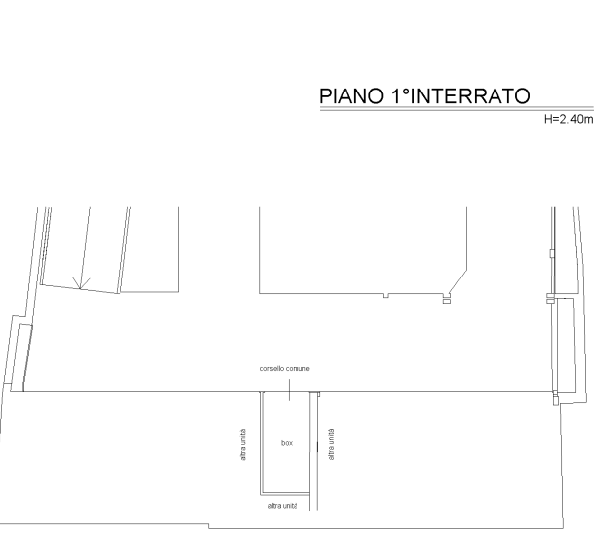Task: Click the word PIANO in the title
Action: click(x=351, y=95)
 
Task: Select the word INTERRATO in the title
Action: click(x=470, y=95)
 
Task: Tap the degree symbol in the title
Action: click(x=406, y=92)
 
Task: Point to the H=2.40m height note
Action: click(x=568, y=119)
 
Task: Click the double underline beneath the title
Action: click(x=457, y=109)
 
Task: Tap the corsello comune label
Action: click(x=285, y=369)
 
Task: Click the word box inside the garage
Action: click(x=287, y=443)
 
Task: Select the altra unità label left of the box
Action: click(x=243, y=445)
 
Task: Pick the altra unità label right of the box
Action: click(x=332, y=444)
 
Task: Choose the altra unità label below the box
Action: click(x=283, y=506)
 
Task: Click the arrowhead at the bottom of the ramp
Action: click(x=81, y=282)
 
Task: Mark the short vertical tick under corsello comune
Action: click(x=290, y=389)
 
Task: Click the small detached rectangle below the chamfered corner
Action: click(x=447, y=302)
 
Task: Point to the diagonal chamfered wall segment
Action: click(x=457, y=282)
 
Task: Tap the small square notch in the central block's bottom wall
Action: click(x=386, y=295)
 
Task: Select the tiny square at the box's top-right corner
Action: click(x=319, y=394)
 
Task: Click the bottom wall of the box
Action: click(x=286, y=494)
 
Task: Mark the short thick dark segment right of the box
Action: click(x=317, y=447)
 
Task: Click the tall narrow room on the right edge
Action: click(x=566, y=345)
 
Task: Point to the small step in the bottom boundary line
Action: click(x=208, y=526)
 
